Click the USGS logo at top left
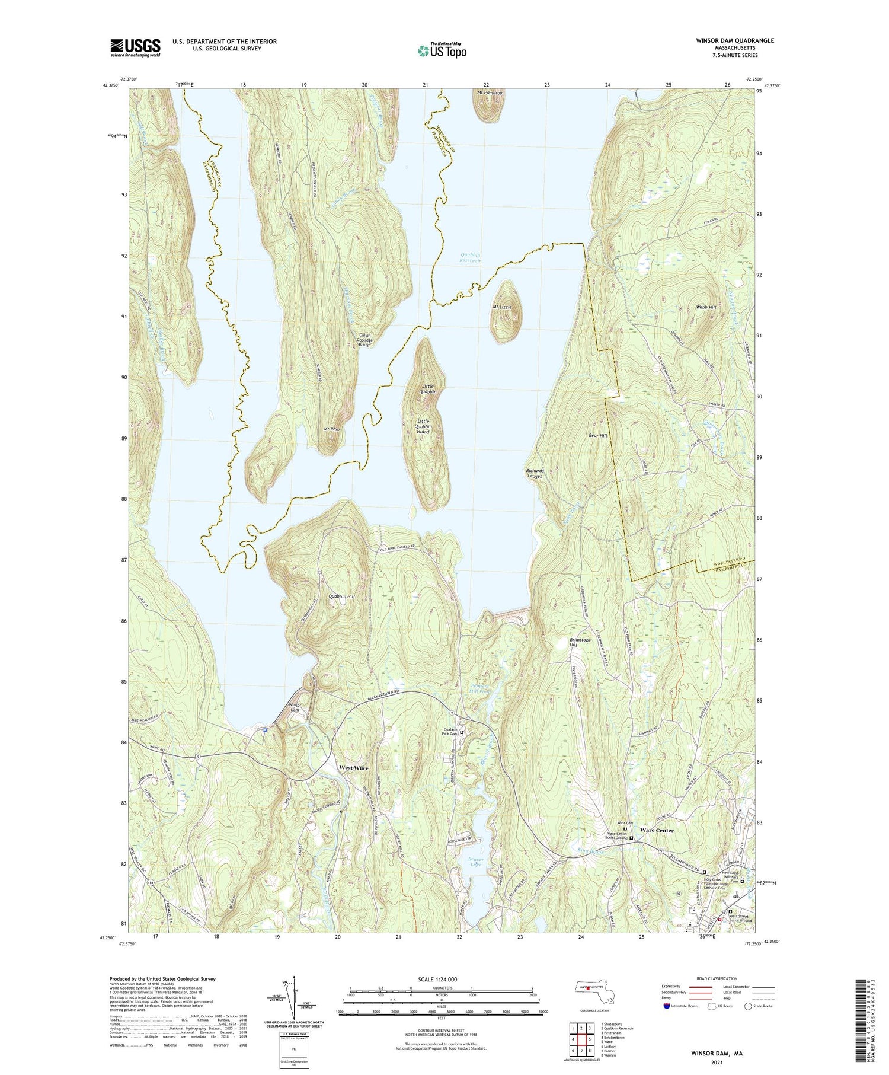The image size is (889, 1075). (135, 47)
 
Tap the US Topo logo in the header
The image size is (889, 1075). (442, 50)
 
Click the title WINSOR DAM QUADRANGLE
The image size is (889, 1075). (727, 40)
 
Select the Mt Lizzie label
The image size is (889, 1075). (506, 307)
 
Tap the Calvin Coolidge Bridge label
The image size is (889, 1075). (365, 340)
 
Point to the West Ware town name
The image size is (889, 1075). (353, 768)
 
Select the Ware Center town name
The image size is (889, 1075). (657, 831)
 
